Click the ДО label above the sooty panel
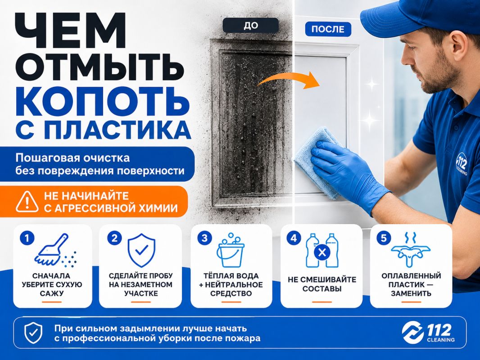point(251,25)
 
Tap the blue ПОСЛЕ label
point(328,29)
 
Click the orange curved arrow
point(288,80)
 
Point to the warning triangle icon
point(27,202)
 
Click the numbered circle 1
point(27,238)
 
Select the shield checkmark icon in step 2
point(141,251)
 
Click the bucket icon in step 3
point(231,250)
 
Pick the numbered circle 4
point(294,238)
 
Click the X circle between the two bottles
point(322,252)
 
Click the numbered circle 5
point(384,238)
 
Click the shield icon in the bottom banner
point(33,333)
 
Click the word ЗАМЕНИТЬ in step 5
point(411,293)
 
